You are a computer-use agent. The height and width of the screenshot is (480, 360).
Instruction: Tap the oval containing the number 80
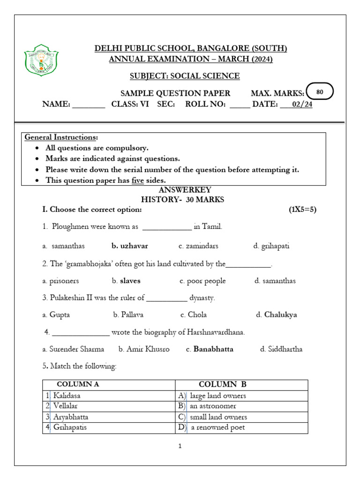click(x=319, y=92)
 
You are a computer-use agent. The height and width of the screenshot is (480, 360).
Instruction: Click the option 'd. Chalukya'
click(x=277, y=315)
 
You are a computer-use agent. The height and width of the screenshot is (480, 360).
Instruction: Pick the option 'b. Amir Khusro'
click(x=144, y=349)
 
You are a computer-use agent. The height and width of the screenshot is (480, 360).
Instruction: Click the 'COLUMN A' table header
click(x=78, y=385)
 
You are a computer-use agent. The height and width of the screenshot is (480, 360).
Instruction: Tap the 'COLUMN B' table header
click(x=223, y=385)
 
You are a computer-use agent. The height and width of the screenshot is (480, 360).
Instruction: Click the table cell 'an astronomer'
click(x=213, y=406)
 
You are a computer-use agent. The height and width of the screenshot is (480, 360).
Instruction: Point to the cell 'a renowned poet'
click(x=217, y=427)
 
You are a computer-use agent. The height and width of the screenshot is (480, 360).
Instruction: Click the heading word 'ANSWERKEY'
click(x=185, y=190)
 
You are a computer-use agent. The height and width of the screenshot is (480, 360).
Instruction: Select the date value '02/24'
click(x=302, y=105)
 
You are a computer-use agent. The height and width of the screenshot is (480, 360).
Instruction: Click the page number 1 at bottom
click(x=180, y=446)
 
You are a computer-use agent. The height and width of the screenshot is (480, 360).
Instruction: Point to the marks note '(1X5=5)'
click(x=303, y=210)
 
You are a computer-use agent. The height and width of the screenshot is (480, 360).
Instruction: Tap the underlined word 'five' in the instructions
click(x=137, y=180)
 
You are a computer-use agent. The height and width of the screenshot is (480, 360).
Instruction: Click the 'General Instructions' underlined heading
click(x=61, y=137)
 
